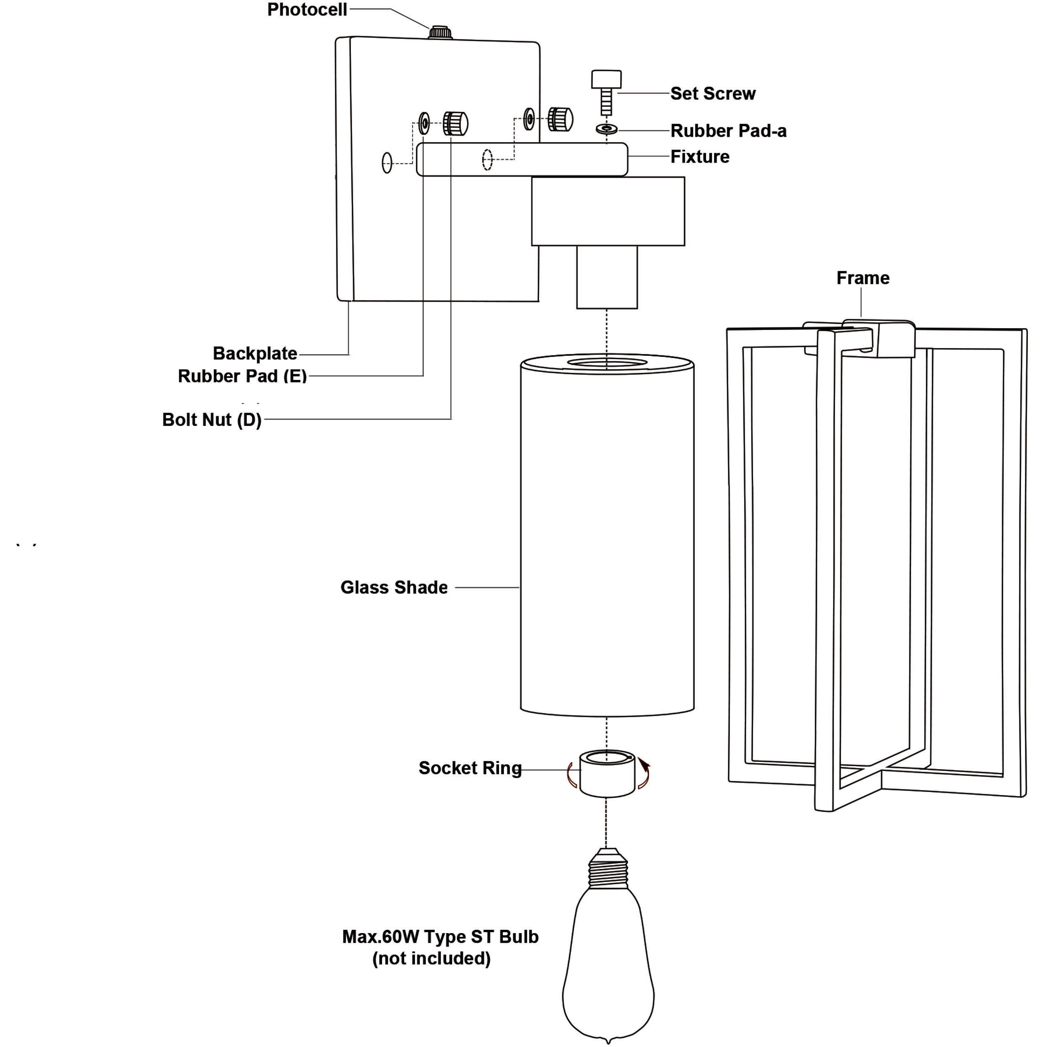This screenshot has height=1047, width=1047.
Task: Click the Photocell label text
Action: click(x=307, y=10)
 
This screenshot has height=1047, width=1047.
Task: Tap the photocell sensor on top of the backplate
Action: click(x=441, y=32)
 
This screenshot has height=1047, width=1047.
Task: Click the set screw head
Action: click(x=606, y=79)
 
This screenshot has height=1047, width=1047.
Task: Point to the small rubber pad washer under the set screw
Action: click(x=606, y=129)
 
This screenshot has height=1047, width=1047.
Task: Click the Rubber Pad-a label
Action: click(x=728, y=130)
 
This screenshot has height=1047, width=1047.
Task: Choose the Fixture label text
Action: click(x=700, y=157)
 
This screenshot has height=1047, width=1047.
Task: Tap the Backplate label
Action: click(x=255, y=353)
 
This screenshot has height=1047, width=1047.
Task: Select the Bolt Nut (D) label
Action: click(x=212, y=420)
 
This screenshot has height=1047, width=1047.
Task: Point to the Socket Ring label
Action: click(x=470, y=768)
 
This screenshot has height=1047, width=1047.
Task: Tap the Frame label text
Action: click(x=863, y=278)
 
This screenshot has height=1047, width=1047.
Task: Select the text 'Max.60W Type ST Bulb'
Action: click(x=440, y=937)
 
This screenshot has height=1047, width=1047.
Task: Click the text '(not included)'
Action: click(x=431, y=958)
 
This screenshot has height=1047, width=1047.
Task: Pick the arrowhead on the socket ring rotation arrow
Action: click(x=644, y=763)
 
